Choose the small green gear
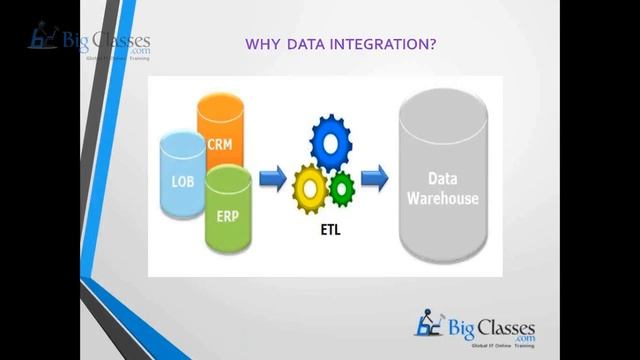pyautogui.click(x=342, y=187)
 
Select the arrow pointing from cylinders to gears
pyautogui.click(x=272, y=179)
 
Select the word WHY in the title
pyautogui.click(x=262, y=45)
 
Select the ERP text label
pyautogui.click(x=227, y=215)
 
